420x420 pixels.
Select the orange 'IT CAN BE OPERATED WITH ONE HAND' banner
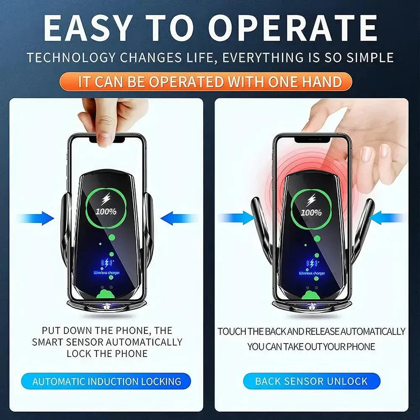point(210,81)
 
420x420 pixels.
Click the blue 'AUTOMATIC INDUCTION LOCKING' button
point(107,381)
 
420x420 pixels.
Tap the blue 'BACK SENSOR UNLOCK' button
point(311,381)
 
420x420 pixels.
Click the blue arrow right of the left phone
point(178,218)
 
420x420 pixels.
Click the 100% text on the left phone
point(106,211)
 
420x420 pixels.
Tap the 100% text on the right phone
point(311,213)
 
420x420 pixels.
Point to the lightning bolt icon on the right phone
point(311,200)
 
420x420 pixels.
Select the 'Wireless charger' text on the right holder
point(311,273)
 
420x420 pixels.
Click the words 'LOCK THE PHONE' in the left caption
point(107,353)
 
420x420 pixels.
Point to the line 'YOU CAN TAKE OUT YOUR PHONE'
point(311,347)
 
